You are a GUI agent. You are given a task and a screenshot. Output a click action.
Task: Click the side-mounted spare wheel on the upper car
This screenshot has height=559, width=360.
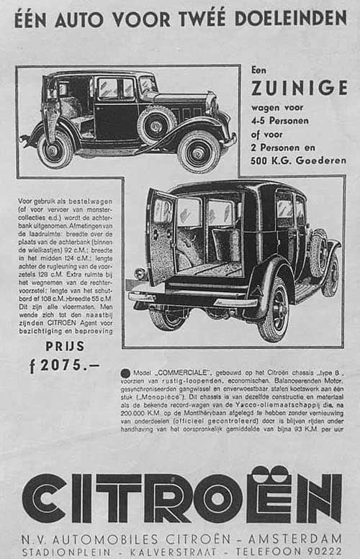click(156, 124)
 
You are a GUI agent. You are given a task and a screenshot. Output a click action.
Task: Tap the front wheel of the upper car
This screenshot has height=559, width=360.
click(199, 150)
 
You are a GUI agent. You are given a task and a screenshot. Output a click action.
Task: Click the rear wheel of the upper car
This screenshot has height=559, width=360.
click(55, 150)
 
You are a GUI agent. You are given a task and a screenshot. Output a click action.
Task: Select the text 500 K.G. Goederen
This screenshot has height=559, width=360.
click(297, 160)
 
